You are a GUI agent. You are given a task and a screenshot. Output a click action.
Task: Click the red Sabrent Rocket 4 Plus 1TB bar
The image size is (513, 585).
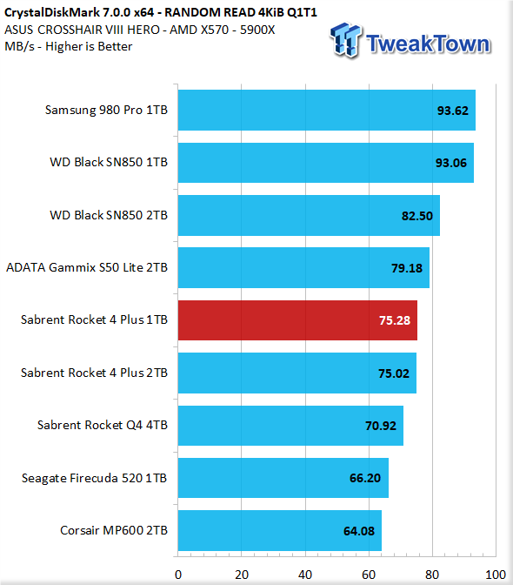point(297,320)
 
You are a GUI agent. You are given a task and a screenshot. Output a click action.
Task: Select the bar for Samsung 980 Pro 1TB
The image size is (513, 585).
point(327,110)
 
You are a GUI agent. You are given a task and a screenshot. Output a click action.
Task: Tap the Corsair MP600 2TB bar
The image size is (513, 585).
point(280,530)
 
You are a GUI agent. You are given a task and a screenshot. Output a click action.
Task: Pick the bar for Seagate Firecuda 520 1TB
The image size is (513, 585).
point(283,478)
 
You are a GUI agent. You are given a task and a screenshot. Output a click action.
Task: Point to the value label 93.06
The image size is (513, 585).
point(451,163)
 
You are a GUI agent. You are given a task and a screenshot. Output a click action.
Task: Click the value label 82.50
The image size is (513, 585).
point(417,216)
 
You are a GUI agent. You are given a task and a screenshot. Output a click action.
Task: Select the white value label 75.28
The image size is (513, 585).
point(395,320)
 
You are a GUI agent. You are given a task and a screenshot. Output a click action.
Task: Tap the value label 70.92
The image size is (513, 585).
point(381,426)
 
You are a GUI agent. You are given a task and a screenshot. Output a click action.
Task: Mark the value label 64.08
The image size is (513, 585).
point(359,531)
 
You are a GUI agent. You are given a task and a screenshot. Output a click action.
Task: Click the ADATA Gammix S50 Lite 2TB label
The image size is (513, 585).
point(87,267)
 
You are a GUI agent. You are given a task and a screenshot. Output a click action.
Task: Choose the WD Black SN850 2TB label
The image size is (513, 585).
point(109,215)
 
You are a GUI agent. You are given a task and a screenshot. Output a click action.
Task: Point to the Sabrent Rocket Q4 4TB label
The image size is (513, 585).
point(103,425)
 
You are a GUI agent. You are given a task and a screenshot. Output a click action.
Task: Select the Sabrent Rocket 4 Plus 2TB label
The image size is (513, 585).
point(94,373)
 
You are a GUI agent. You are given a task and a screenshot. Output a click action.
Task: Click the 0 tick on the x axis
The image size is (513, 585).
point(178,575)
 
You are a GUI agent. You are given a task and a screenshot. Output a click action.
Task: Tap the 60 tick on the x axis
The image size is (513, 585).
point(369,575)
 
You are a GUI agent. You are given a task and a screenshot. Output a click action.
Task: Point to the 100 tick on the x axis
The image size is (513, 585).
point(496,575)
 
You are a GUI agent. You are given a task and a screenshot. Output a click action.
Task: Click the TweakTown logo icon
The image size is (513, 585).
point(345,40)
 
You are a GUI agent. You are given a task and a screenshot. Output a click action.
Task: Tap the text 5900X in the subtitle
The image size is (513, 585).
point(257,30)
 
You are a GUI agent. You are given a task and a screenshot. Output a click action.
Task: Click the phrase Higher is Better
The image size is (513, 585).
point(89,47)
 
